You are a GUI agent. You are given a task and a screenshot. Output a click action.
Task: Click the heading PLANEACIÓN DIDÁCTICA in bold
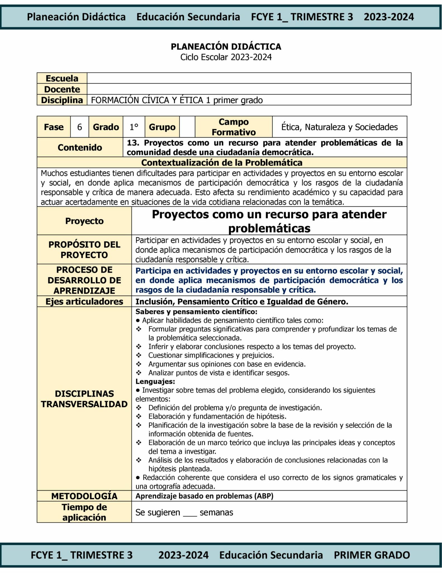point(226,46)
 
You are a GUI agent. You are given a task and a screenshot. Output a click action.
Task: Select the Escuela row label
point(62,78)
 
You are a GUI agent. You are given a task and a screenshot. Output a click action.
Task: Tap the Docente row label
point(62,89)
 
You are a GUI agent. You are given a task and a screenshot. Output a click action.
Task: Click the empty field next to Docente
point(249,89)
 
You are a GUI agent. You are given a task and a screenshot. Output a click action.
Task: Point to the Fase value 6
point(80,127)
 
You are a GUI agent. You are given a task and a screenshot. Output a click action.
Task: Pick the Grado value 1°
point(134,127)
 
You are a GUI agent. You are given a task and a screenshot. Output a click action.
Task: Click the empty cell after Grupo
point(187,127)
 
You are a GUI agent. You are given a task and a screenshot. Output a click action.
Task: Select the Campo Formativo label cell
point(234,127)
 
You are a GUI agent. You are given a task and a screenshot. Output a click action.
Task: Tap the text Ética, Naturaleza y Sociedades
point(339,127)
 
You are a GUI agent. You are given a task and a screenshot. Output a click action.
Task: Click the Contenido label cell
point(80,147)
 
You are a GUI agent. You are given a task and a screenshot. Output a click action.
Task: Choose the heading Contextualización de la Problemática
point(222,163)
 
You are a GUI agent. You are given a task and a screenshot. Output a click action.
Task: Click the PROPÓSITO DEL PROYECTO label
point(84,250)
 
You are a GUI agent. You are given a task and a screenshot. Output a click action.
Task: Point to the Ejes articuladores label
point(84,302)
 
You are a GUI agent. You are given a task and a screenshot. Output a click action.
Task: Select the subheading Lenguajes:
point(155,381)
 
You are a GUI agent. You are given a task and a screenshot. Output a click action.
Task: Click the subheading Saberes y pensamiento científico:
point(196,312)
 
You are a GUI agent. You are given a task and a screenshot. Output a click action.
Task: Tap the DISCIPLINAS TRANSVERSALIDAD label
point(84,399)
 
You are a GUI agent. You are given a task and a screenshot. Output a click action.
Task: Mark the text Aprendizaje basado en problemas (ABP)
point(204,496)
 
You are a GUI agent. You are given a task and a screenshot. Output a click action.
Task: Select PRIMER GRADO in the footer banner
point(372,555)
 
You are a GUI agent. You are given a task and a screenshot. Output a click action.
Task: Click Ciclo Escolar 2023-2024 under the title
point(226,57)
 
